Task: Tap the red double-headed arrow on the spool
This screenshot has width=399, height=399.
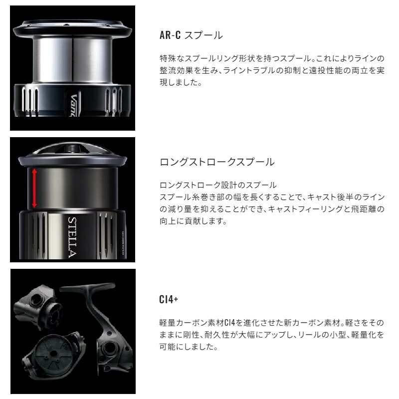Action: (x=34, y=188)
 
